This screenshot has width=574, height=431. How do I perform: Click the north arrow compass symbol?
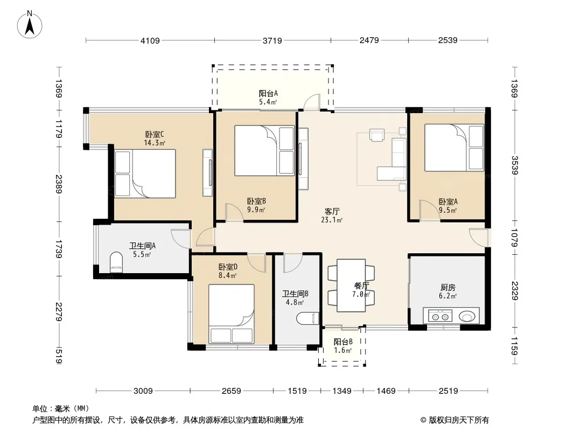click(x=29, y=24)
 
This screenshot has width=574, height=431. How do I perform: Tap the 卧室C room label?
click(x=155, y=134)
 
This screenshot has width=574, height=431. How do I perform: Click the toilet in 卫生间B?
click(x=308, y=318)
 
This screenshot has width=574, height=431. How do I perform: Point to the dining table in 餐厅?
click(x=351, y=286)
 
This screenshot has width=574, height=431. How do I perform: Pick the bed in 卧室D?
click(x=232, y=314)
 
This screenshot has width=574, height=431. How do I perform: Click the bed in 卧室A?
click(x=454, y=148)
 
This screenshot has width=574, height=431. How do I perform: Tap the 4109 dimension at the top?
click(x=150, y=40)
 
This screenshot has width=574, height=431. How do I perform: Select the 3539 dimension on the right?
click(x=514, y=165)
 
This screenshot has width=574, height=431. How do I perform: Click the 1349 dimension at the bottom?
click(x=341, y=391)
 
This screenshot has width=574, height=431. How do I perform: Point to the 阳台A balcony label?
click(x=268, y=93)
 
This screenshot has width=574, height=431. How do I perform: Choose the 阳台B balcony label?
click(x=343, y=342)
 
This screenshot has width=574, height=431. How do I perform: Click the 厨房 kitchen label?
click(x=447, y=288)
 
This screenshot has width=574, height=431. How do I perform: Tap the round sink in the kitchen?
click(x=467, y=316)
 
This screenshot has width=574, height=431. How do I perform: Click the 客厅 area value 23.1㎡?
click(x=332, y=220)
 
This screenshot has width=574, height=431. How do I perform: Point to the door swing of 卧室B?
click(x=234, y=212)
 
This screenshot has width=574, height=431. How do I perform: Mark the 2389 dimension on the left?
click(x=59, y=184)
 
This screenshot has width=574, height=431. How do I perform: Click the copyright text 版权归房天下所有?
click(x=458, y=420)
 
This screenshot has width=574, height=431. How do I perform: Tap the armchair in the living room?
click(x=377, y=135)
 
